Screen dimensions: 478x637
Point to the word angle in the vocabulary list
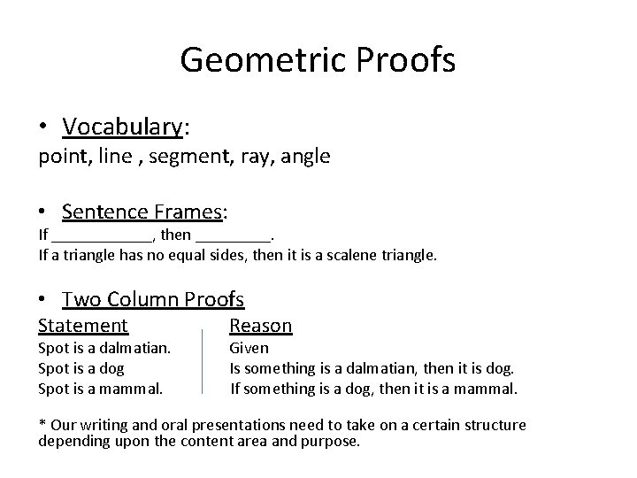pyautogui.click(x=306, y=157)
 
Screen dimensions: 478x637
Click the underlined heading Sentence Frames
pyautogui.click(x=142, y=212)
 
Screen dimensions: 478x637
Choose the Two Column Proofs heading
pyautogui.click(x=153, y=300)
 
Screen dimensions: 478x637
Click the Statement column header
pyautogui.click(x=83, y=326)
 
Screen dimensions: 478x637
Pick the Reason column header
pyautogui.click(x=260, y=326)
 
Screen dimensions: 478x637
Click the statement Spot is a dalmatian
pyautogui.click(x=104, y=349)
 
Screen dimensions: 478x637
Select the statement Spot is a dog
pyautogui.click(x=81, y=368)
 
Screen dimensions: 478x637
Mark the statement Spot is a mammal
pyautogui.click(x=100, y=388)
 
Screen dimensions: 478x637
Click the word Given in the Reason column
pyautogui.click(x=249, y=349)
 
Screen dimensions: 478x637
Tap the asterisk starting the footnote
pyautogui.click(x=42, y=425)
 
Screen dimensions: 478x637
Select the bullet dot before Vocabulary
pyautogui.click(x=43, y=128)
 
